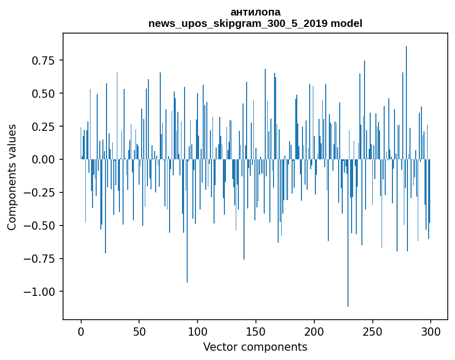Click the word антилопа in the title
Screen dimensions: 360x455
pyautogui.click(x=255, y=12)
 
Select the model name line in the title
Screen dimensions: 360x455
pyautogui.click(x=255, y=23)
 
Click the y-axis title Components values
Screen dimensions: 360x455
pyautogui.click(x=12, y=177)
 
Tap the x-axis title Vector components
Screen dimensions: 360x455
pyautogui.click(x=255, y=347)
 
